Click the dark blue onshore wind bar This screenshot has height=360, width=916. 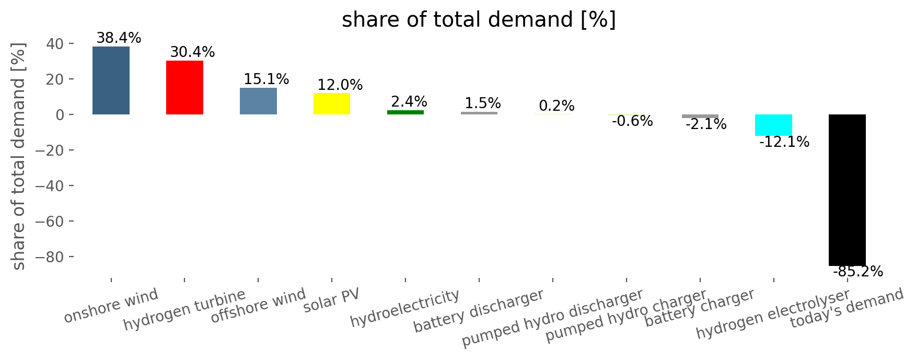pos(111,80)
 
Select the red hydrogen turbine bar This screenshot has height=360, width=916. pos(184,87)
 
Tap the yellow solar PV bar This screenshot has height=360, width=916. pos(332,103)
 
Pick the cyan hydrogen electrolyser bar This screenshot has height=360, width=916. pos(773,125)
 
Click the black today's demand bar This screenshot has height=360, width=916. pos(847,190)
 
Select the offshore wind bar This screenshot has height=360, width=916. pos(258,101)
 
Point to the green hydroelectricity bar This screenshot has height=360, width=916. pos(405,112)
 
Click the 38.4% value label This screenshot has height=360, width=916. pos(119,38)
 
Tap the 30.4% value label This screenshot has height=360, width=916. pos(192,52)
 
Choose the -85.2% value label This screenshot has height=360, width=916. pos(858,272)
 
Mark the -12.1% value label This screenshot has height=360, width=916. pos(784,142)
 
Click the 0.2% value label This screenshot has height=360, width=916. pos(556,106)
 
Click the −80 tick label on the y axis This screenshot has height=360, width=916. pos(49,257)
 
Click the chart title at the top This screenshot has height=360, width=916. pos(479,20)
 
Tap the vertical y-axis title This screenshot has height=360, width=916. pos(19,156)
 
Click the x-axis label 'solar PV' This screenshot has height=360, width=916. pos(331,300)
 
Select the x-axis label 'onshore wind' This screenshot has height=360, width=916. pos(111,306)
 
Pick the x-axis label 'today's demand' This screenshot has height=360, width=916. pos(847,308)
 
